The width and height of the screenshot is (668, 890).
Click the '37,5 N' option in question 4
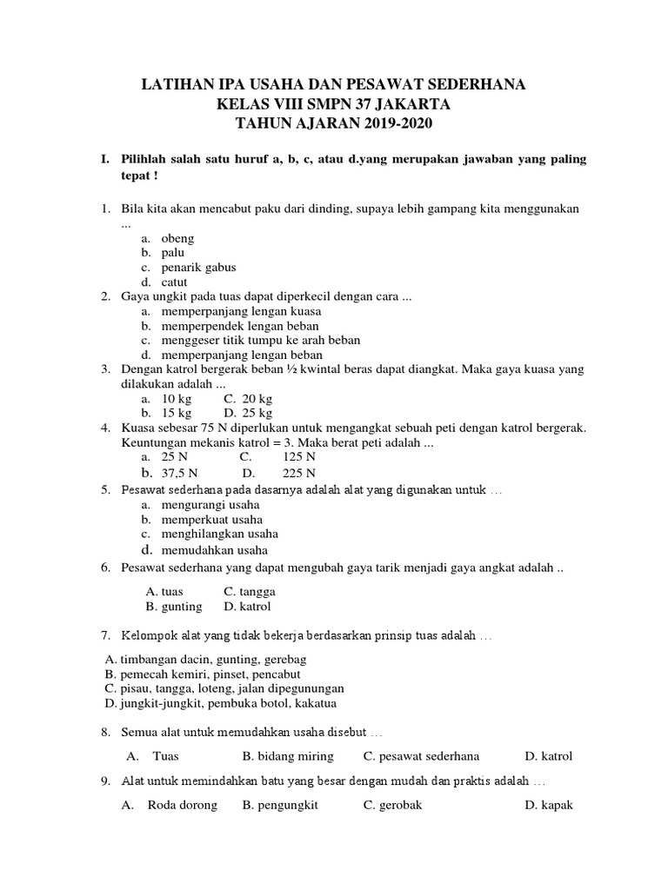(180, 474)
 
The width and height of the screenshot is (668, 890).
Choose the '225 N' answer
(298, 474)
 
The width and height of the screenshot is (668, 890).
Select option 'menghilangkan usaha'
(219, 534)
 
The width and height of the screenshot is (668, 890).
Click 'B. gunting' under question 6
(174, 606)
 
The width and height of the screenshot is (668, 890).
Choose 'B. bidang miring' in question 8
(288, 756)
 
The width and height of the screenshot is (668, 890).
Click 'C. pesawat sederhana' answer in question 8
(422, 756)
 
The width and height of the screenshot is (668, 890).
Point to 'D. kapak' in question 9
(549, 806)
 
